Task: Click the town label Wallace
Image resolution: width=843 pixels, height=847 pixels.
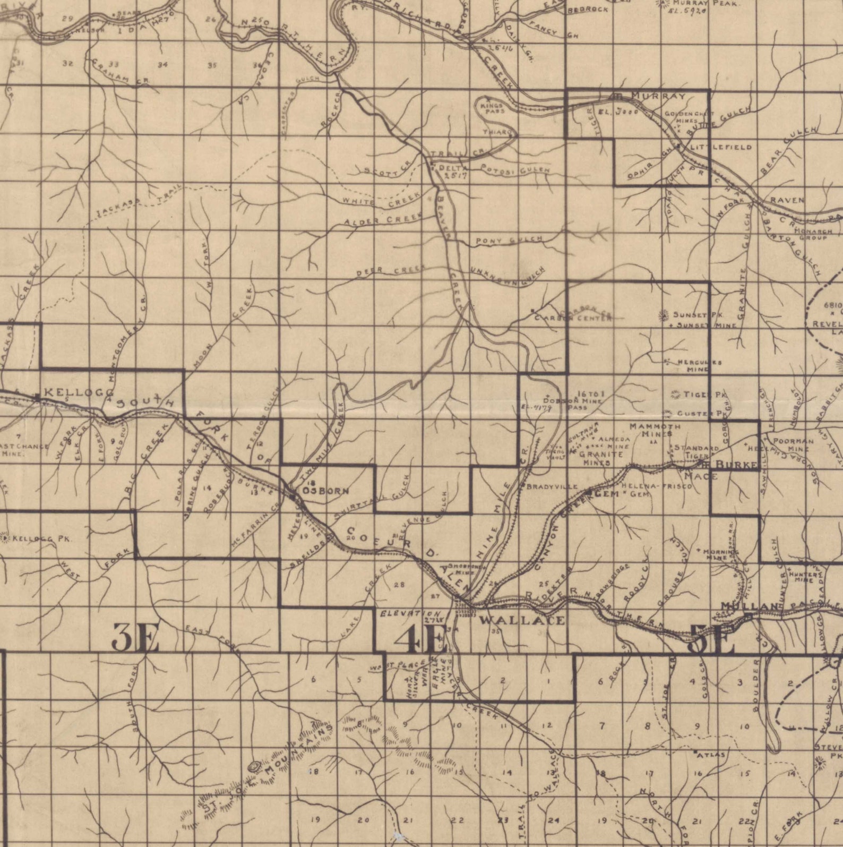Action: tap(522, 620)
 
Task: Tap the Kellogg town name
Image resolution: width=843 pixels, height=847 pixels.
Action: tap(78, 392)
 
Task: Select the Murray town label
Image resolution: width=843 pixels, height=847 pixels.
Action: tap(658, 96)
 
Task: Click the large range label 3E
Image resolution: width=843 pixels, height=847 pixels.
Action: tap(135, 639)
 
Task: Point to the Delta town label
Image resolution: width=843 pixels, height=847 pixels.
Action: tap(452, 167)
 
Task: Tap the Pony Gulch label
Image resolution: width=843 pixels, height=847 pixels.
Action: tap(509, 241)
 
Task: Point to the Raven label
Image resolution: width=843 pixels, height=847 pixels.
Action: tap(787, 200)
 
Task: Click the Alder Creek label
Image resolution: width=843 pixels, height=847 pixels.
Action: tap(382, 218)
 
